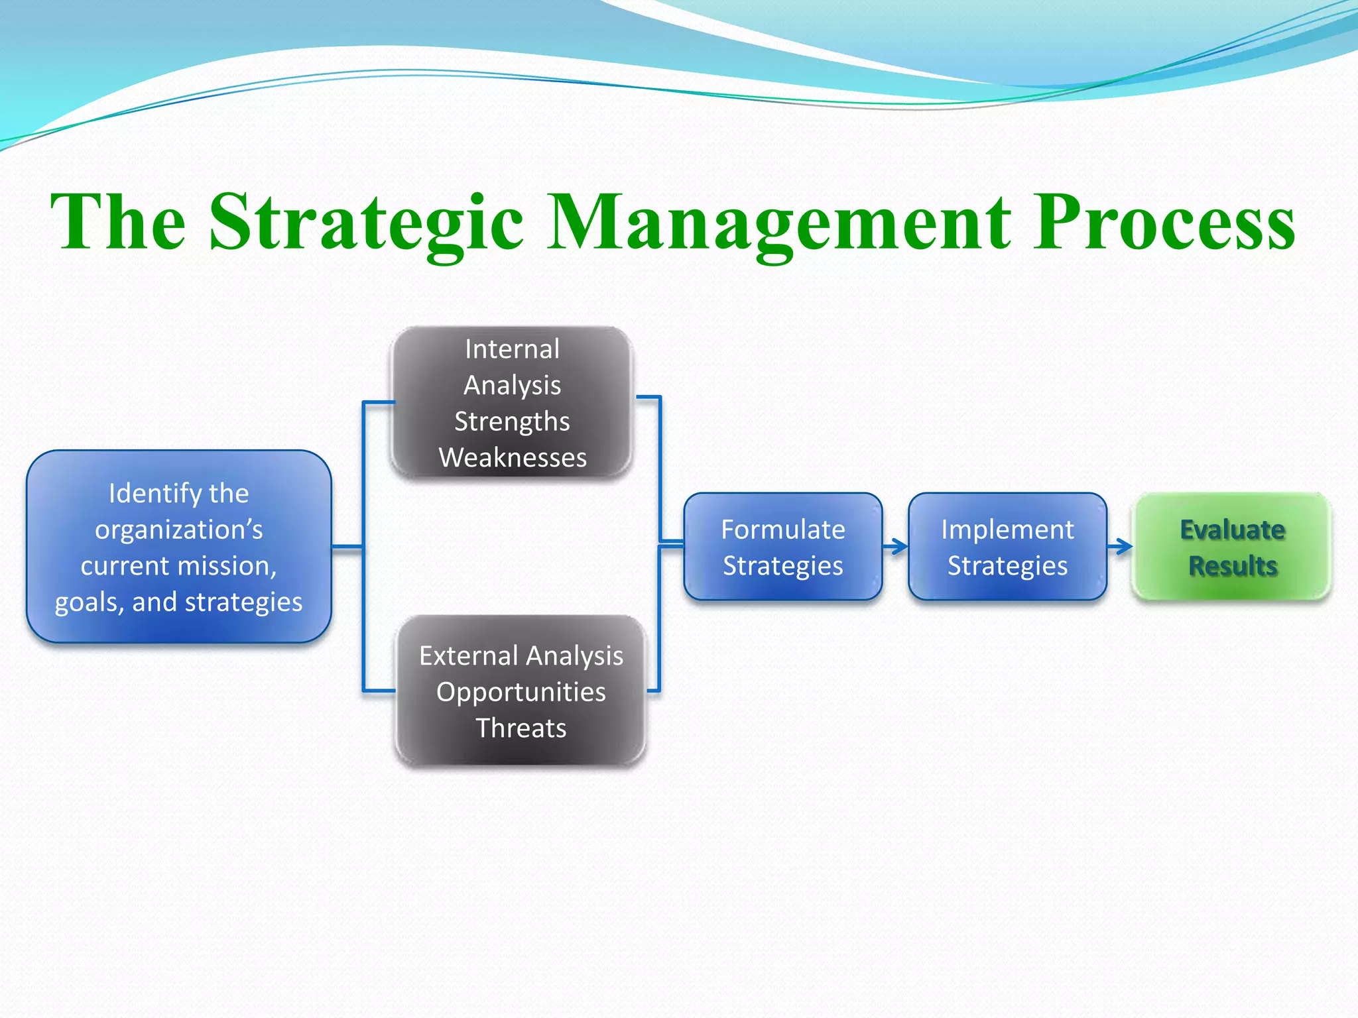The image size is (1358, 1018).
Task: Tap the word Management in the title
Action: pyautogui.click(x=778, y=222)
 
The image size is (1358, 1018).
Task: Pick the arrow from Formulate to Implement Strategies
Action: pyautogui.click(x=896, y=547)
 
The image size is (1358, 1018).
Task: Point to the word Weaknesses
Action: pyautogui.click(x=513, y=458)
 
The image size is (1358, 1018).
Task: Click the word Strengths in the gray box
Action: pyautogui.click(x=512, y=422)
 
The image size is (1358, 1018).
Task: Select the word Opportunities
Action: pyautogui.click(x=521, y=692)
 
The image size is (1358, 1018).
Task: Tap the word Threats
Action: pyautogui.click(x=521, y=728)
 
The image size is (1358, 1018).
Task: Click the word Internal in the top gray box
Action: pyautogui.click(x=512, y=349)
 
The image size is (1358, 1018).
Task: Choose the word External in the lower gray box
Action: pyautogui.click(x=468, y=656)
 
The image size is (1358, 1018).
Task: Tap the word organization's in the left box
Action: pyautogui.click(x=178, y=530)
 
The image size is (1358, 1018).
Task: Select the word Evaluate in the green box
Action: pyautogui.click(x=1232, y=530)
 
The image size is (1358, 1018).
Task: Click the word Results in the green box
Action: pyautogui.click(x=1232, y=566)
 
